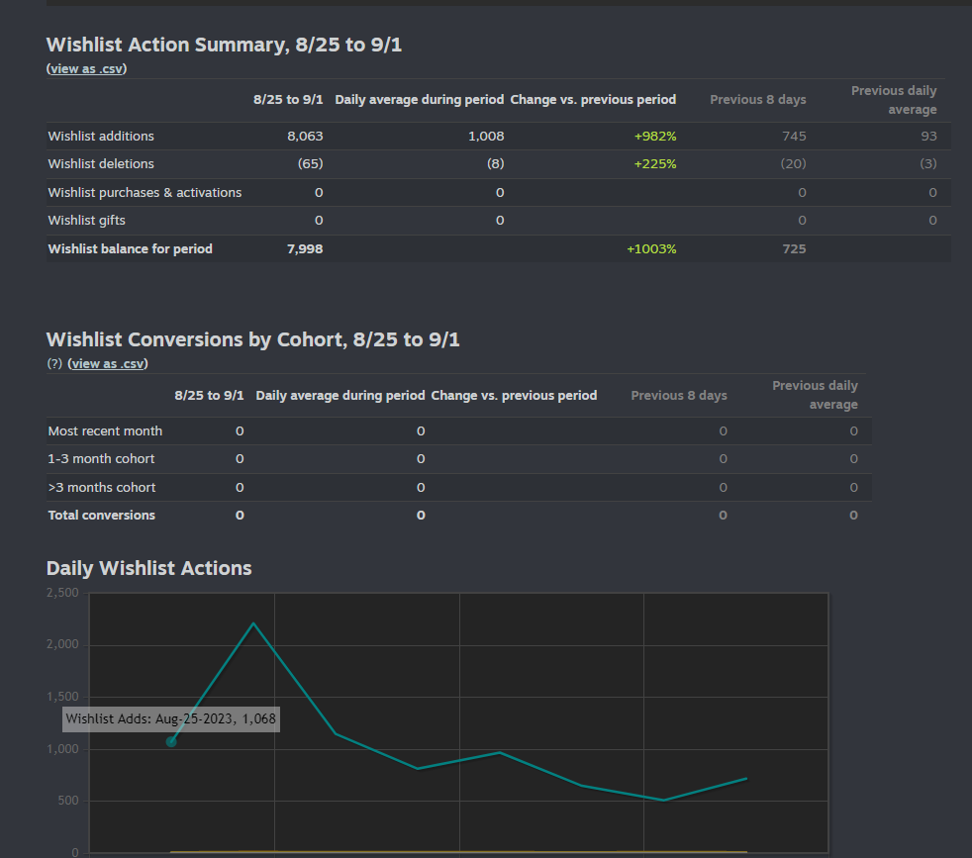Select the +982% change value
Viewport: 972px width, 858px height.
[x=654, y=137]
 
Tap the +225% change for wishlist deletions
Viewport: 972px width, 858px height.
[x=654, y=164]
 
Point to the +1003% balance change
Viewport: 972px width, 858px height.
[x=651, y=249]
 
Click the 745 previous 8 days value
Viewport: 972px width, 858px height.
[x=793, y=137]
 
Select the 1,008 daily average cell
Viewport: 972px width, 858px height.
[x=485, y=137]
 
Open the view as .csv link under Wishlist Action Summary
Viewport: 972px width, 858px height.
[x=87, y=69]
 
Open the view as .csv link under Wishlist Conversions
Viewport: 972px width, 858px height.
[x=107, y=364]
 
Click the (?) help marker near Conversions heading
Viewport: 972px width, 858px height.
[x=54, y=364]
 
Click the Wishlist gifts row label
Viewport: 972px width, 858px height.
[x=87, y=221]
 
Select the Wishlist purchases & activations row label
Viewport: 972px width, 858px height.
[x=145, y=193]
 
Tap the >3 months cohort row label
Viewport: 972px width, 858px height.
[x=102, y=488]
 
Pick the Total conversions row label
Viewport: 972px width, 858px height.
[x=102, y=516]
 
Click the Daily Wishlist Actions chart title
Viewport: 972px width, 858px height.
[x=149, y=568]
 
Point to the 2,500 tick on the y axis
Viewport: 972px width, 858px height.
[x=62, y=593]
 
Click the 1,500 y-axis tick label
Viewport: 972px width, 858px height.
[x=62, y=697]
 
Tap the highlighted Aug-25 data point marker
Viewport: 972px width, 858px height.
[x=171, y=742]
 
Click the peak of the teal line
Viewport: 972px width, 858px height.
[x=253, y=623]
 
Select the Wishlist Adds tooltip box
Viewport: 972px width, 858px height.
[x=171, y=719]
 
